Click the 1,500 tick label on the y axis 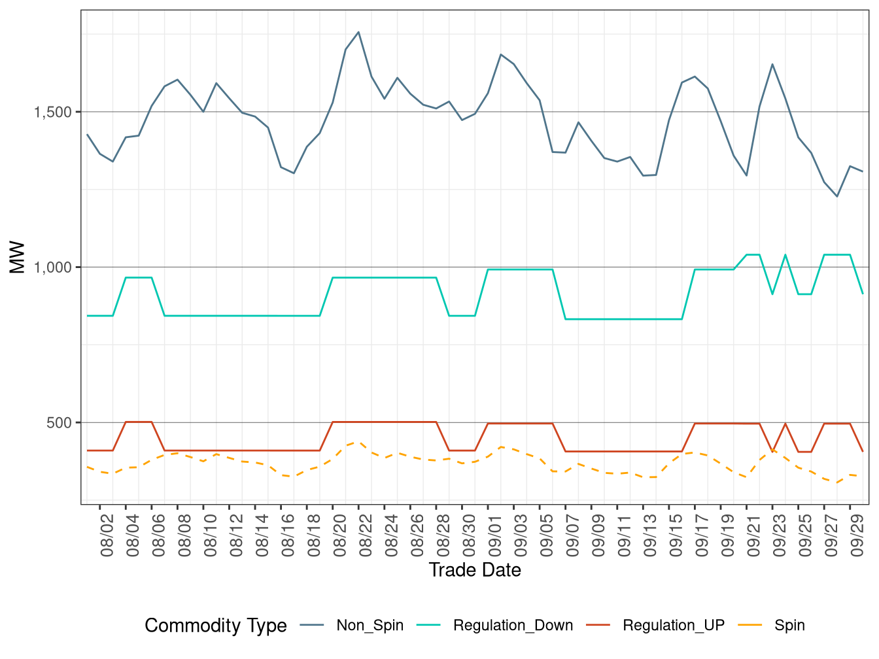[53, 112]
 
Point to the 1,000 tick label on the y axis [53, 267]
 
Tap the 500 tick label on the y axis [59, 423]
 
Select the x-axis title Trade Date [475, 570]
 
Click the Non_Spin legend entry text [370, 626]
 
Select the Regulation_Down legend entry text [513, 626]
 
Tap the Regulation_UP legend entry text [674, 626]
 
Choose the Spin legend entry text [789, 626]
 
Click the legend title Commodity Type [216, 626]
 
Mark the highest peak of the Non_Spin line [358, 32]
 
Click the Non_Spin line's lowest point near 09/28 [837, 196]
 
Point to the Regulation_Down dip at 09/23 [772, 294]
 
